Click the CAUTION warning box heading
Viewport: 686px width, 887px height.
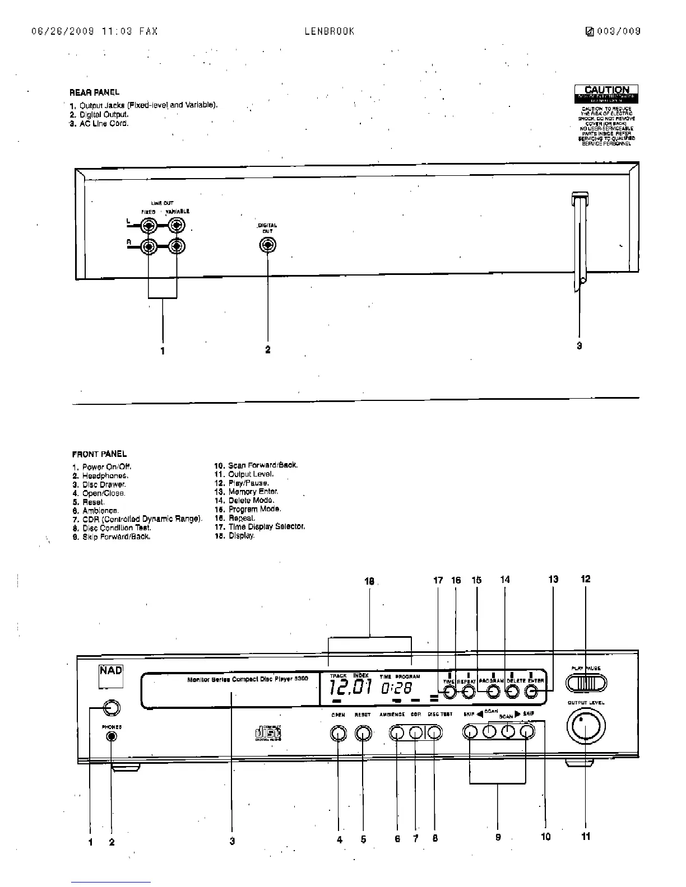point(606,90)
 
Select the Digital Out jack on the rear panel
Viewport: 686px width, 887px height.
point(268,245)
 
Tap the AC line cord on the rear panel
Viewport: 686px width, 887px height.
point(580,241)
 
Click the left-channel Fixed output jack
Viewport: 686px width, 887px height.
point(149,226)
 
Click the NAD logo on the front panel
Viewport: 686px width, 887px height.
point(111,671)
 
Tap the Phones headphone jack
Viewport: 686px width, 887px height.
point(112,736)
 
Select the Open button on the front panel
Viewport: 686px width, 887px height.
point(338,733)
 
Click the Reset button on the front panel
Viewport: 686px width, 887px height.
point(363,733)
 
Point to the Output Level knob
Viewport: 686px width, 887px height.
point(586,726)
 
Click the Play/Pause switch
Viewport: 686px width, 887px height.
point(586,684)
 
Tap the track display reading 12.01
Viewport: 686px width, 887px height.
point(351,687)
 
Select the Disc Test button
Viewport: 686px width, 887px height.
point(434,733)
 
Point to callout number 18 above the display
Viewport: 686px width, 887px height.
point(369,581)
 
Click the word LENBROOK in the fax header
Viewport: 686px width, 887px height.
point(330,31)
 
